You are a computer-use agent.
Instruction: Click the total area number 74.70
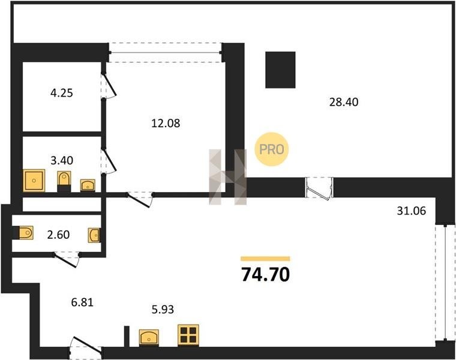[266, 275]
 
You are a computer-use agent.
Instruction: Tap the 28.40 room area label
[344, 102]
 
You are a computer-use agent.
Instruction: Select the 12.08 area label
[166, 123]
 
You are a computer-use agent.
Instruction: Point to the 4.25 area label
[62, 93]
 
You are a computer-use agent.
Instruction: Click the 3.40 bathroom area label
[62, 160]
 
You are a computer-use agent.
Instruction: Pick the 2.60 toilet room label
[58, 235]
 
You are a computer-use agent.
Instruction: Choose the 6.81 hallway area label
[82, 302]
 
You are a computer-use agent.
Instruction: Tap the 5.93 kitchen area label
[163, 310]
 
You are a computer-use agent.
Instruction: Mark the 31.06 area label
[412, 211]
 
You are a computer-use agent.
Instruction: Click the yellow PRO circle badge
[272, 149]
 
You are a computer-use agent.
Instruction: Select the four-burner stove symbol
[188, 335]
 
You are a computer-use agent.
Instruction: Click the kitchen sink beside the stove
[149, 337]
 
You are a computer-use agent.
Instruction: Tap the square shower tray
[34, 180]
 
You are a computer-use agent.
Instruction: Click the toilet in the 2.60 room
[25, 233]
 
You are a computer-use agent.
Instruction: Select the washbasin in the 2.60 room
[94, 235]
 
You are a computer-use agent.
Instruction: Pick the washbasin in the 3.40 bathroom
[88, 185]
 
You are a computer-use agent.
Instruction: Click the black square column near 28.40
[280, 70]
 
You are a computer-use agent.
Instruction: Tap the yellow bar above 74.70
[266, 259]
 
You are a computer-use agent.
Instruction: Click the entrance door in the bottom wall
[86, 348]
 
